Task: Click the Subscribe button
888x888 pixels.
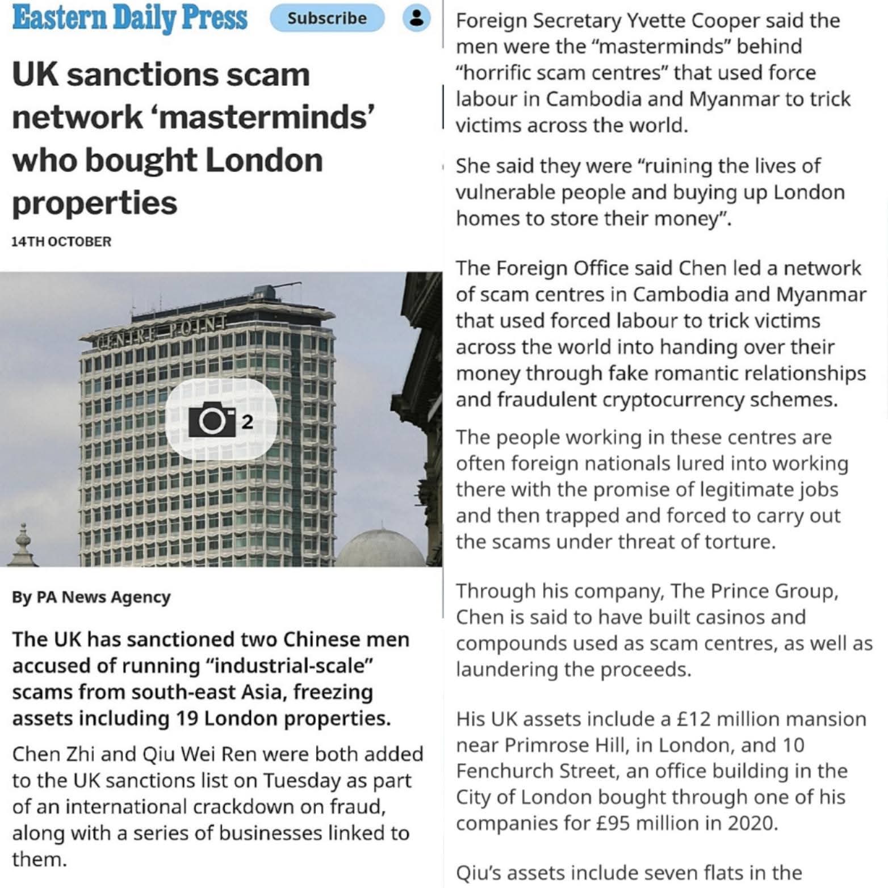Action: click(x=326, y=18)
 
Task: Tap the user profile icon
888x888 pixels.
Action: click(x=416, y=18)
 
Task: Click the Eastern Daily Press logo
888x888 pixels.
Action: click(x=129, y=18)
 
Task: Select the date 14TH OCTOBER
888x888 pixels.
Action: click(x=61, y=241)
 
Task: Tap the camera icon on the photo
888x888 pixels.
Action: click(x=212, y=420)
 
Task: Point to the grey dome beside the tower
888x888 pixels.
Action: click(x=380, y=548)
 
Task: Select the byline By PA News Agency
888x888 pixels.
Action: click(x=91, y=597)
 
